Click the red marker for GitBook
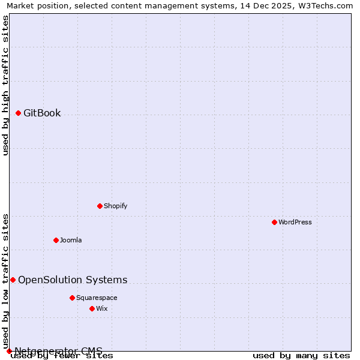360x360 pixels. [x=18, y=113]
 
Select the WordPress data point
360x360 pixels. [x=274, y=222]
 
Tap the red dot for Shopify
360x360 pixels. [x=100, y=206]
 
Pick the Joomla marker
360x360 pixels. [x=56, y=240]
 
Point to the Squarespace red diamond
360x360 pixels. [x=72, y=298]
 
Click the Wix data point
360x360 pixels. [x=92, y=308]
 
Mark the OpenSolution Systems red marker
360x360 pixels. [x=13, y=280]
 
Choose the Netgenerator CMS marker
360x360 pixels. [x=9, y=351]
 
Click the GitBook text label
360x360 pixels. [x=42, y=113]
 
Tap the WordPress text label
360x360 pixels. [x=295, y=222]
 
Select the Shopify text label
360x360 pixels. [x=116, y=206]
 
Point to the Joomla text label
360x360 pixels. [x=71, y=240]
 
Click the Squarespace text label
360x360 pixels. [x=97, y=298]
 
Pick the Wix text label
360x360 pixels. [x=101, y=308]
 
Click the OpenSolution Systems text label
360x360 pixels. [x=73, y=280]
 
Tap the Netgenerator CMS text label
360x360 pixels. [x=58, y=351]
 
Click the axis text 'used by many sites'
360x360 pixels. [x=301, y=355]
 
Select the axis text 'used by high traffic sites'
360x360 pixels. [x=6, y=85]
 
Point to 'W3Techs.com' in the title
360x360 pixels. [x=328, y=6]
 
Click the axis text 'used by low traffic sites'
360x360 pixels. [x=6, y=281]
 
